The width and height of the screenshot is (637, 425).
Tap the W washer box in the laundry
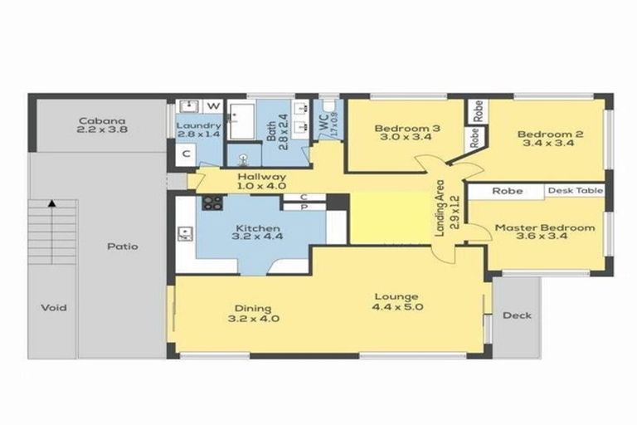(213, 106)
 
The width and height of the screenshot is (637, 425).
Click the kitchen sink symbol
(184, 235)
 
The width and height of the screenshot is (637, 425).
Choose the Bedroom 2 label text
(546, 134)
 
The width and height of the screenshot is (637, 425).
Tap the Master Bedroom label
(545, 227)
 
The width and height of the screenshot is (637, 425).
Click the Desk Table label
(574, 191)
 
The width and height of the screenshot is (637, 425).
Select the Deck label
(517, 315)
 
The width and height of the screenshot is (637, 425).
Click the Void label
(53, 308)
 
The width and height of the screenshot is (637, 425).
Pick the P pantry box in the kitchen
(305, 208)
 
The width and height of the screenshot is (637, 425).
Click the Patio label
(121, 247)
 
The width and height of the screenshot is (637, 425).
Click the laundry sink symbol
(187, 106)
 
